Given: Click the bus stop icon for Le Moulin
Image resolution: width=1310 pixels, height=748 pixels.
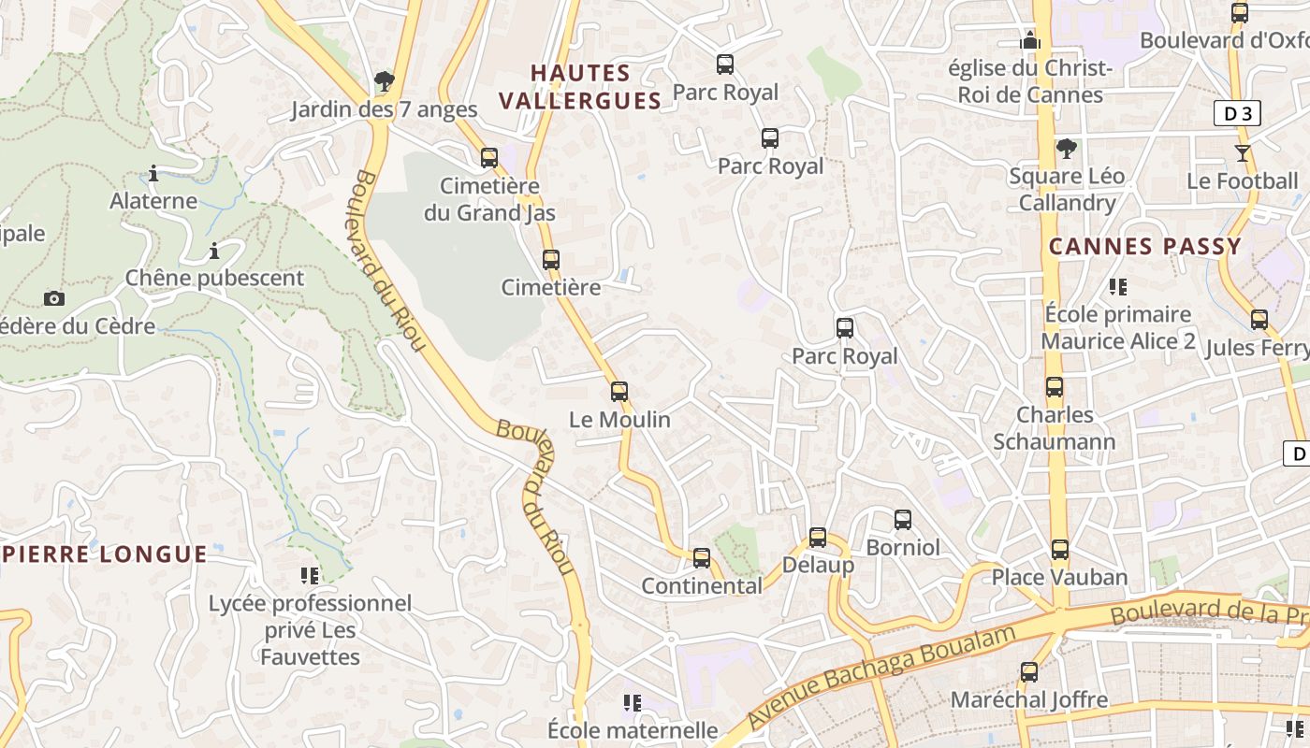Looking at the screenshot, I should (x=619, y=392).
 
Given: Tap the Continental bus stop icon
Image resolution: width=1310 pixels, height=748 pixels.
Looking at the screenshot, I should (x=702, y=558).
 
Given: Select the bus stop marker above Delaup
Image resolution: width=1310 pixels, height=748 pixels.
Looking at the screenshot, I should (x=818, y=538).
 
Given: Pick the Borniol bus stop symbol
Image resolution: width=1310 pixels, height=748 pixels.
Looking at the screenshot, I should (x=903, y=520).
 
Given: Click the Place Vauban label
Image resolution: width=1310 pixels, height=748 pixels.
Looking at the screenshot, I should (x=1059, y=577).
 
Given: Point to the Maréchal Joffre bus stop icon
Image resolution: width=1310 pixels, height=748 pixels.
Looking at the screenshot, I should (x=1029, y=672).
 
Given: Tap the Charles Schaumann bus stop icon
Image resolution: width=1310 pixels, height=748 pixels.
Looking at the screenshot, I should (x=1055, y=387).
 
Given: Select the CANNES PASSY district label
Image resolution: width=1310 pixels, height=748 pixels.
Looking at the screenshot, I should (x=1145, y=247).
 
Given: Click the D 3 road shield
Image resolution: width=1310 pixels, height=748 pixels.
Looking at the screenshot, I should (x=1237, y=114).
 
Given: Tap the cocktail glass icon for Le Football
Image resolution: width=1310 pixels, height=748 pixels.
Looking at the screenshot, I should (x=1243, y=153).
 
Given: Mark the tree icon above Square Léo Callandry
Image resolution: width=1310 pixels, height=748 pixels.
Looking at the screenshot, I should (x=1066, y=149).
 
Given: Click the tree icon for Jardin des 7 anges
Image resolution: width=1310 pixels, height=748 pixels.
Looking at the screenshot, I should (x=384, y=82).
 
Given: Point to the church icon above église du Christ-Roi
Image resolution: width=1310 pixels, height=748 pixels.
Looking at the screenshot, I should (x=1030, y=40).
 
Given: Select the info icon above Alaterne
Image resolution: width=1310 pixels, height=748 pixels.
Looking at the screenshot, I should (x=153, y=174).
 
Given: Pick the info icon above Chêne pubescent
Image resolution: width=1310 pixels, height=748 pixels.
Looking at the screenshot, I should (x=214, y=252).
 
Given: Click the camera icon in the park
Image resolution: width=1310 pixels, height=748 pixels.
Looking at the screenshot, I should (x=54, y=299).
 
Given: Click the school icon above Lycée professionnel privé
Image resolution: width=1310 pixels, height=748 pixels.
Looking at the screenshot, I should (x=310, y=575).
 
